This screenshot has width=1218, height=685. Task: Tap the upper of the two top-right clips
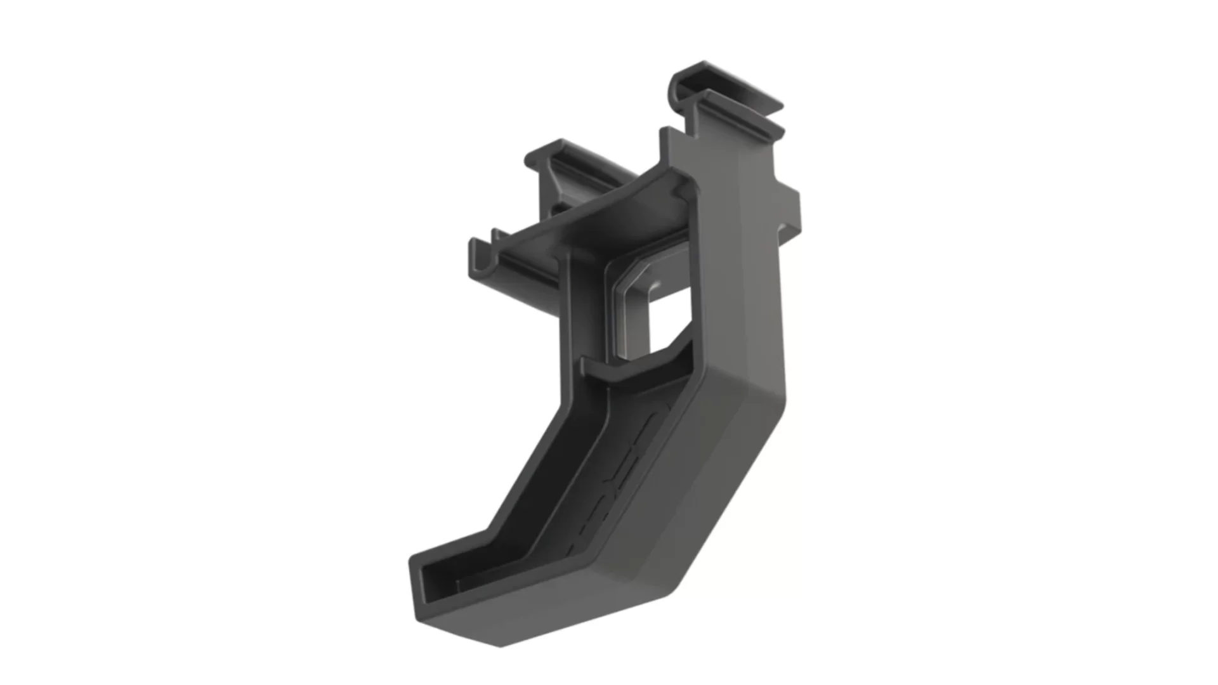click(730, 82)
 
